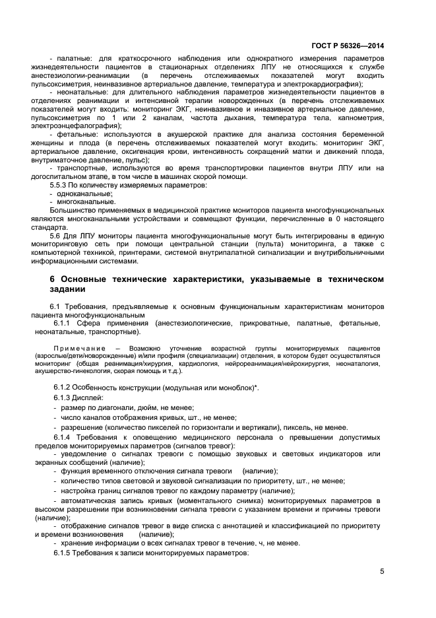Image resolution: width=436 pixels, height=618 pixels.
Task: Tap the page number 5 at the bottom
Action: coord(382,571)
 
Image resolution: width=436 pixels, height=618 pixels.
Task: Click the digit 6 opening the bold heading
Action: coord(53,280)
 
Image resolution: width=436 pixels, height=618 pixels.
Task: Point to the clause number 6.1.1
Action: coord(65,323)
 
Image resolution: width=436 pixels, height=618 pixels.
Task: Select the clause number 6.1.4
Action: coord(65,437)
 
